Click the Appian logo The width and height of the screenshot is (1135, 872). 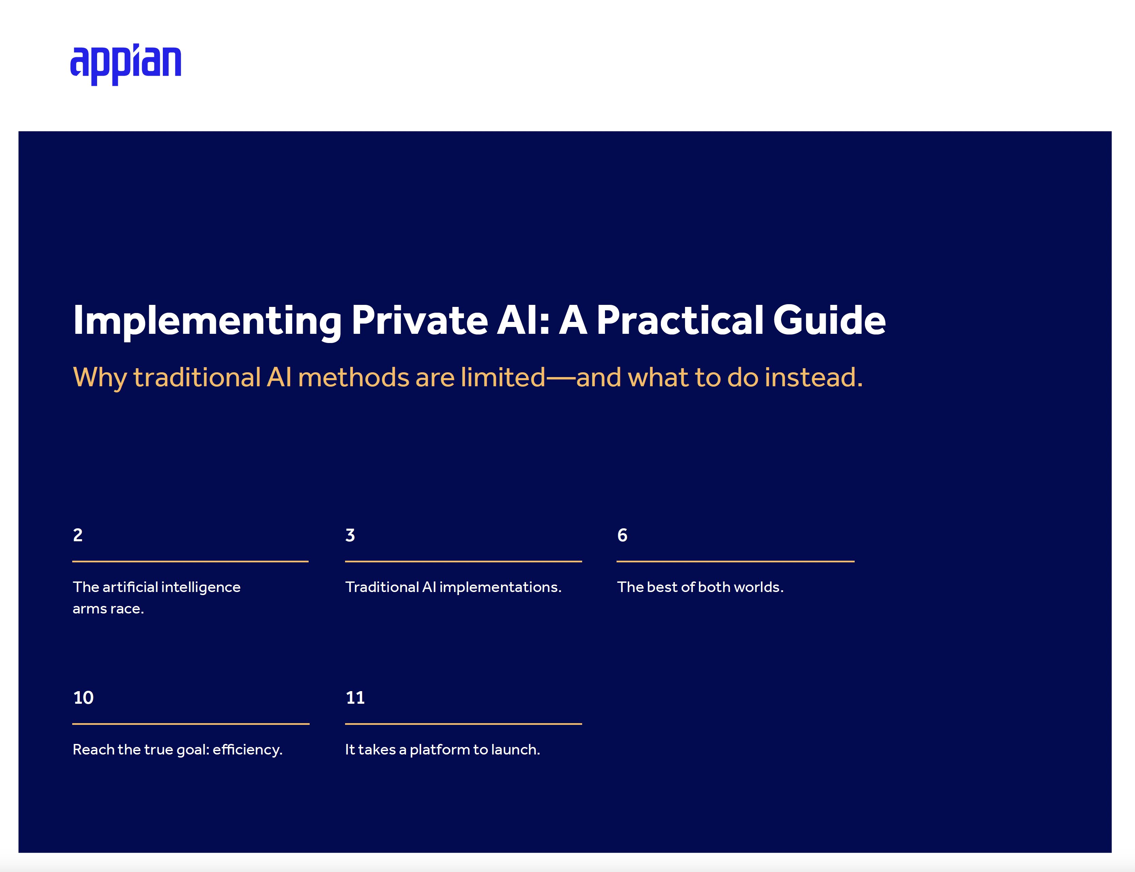pyautogui.click(x=126, y=64)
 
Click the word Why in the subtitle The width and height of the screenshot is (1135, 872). pyautogui.click(x=100, y=378)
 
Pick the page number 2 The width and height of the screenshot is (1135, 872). pyautogui.click(x=78, y=535)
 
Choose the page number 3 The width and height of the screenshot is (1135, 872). pyautogui.click(x=350, y=535)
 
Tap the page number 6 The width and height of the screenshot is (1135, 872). pyautogui.click(x=622, y=535)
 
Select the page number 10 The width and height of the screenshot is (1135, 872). pyautogui.click(x=83, y=698)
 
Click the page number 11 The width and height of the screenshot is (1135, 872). pyautogui.click(x=356, y=698)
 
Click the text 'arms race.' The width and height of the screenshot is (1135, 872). pyautogui.click(x=108, y=609)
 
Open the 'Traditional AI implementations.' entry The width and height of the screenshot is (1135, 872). pyautogui.click(x=453, y=587)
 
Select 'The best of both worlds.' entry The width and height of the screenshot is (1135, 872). pyautogui.click(x=700, y=587)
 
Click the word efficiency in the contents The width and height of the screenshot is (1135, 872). pyautogui.click(x=248, y=750)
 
